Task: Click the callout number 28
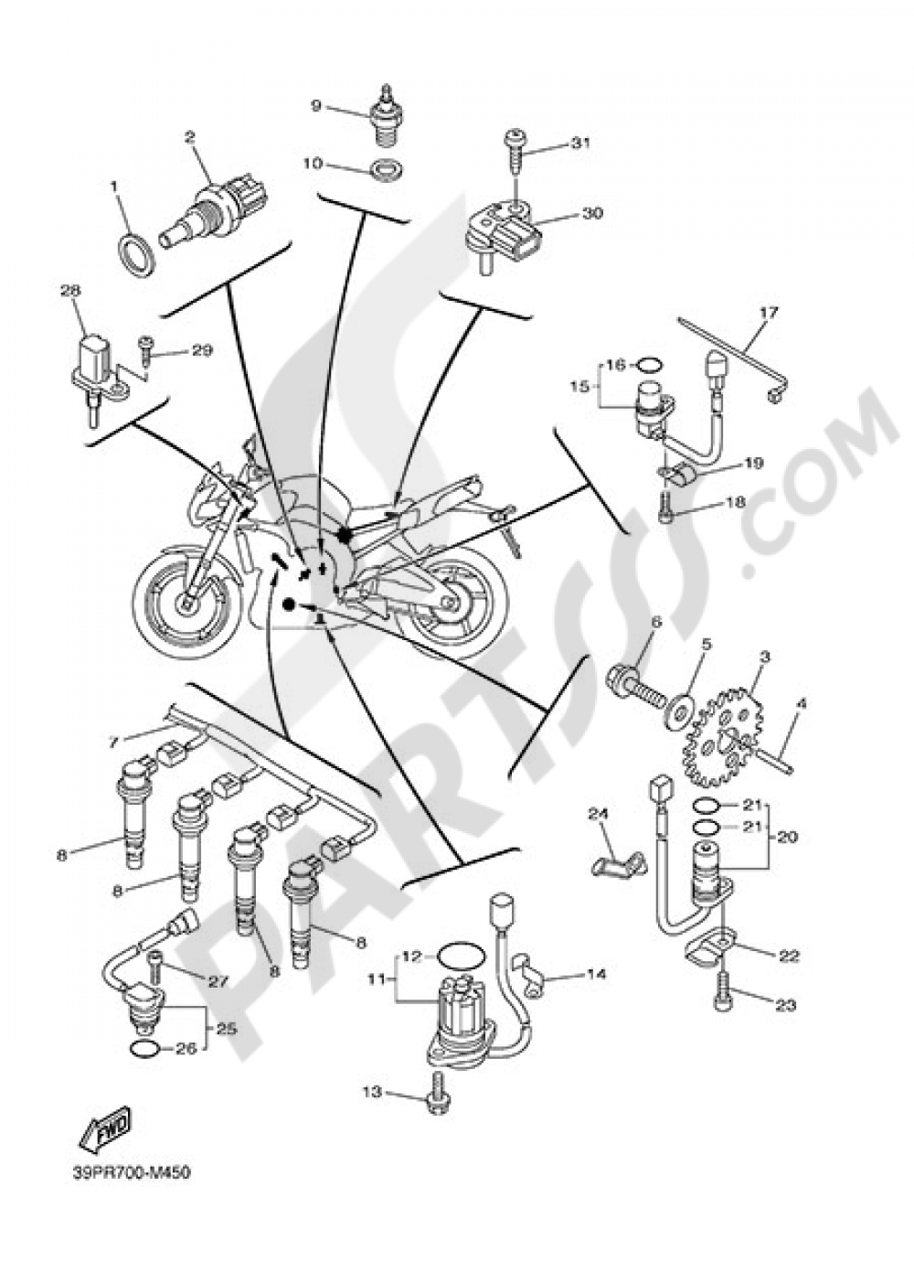tap(71, 290)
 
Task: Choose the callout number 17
tap(768, 313)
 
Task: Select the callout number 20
tap(787, 836)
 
